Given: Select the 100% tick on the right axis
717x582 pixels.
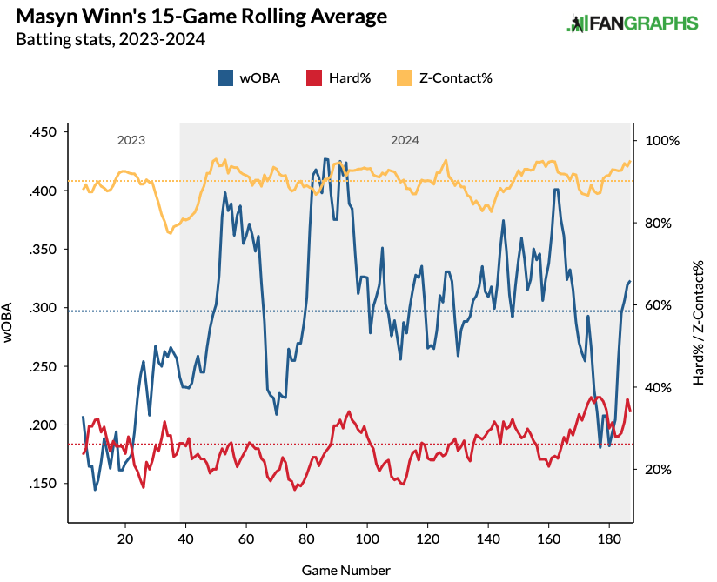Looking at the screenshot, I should coord(661,141).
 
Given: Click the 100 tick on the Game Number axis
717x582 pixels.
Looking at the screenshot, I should coord(367,539).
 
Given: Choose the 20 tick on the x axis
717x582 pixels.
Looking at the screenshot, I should coord(125,539).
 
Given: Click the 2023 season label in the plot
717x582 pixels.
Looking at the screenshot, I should coord(131,140).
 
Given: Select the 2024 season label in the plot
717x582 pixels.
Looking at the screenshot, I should coord(405,140).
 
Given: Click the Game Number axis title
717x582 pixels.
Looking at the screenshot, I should coord(346,570).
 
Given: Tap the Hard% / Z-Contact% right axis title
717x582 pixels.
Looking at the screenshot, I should coord(698,323).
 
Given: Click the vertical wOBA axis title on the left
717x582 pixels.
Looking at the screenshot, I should coord(10,323).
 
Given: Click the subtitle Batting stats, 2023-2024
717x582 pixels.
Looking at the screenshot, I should coord(111,39).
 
